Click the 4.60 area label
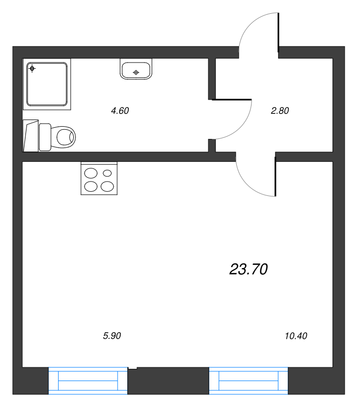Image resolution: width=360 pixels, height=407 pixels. click(x=120, y=111)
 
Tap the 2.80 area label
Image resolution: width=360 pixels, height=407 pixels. click(x=280, y=111)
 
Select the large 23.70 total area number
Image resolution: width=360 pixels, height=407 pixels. click(x=248, y=269)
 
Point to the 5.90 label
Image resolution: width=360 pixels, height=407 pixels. click(x=112, y=336)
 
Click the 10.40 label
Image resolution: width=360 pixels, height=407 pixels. click(x=296, y=336)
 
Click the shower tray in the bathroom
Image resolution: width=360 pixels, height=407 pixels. click(x=47, y=84)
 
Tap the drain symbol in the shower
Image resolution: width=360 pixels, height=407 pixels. click(x=32, y=69)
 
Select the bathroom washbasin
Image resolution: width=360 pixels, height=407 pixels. click(x=136, y=69)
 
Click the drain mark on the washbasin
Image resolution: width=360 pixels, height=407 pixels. click(x=136, y=72)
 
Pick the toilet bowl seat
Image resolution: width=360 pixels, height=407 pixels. click(x=63, y=137)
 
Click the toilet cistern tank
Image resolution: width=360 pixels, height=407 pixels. click(x=45, y=137)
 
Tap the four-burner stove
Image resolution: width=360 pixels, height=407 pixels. click(x=99, y=179)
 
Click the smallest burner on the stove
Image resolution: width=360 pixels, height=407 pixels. click(x=107, y=173)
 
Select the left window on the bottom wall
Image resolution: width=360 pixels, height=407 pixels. click(x=88, y=381)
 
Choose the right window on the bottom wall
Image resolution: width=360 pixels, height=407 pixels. click(x=248, y=381)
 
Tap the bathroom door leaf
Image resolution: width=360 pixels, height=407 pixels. click(x=232, y=99)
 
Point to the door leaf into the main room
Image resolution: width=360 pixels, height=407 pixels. click(x=275, y=177)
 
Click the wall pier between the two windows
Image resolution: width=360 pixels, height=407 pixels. click(x=169, y=381)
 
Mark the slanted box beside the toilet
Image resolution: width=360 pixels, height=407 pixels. click(x=31, y=135)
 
